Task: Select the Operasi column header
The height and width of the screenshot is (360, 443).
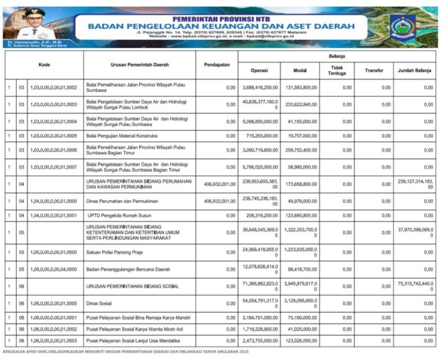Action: tap(259, 70)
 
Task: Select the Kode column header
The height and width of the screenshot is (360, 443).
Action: tap(44, 65)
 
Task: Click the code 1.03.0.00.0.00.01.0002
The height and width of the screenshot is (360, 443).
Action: tap(53, 87)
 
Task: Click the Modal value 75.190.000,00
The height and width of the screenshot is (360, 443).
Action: tap(303, 318)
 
